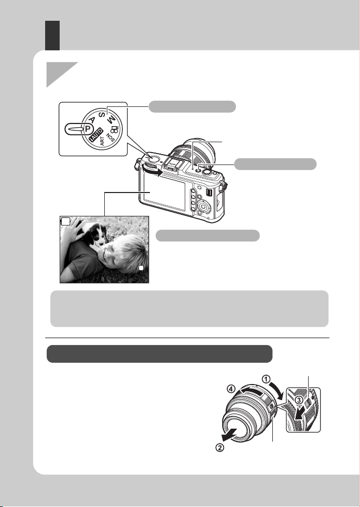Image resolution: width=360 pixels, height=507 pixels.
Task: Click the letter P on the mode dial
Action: tap(87, 128)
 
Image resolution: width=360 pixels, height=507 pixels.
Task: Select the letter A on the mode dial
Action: tap(92, 120)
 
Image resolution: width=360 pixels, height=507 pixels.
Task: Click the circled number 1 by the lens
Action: tap(266, 379)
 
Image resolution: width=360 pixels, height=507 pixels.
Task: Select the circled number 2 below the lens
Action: tap(219, 448)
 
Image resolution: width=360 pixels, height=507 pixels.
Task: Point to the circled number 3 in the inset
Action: tap(299, 400)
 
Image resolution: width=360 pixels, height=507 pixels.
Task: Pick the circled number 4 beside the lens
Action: tap(231, 389)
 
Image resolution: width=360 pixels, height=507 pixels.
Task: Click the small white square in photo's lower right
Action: tap(141, 268)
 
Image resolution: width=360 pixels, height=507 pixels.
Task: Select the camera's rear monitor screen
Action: tap(163, 195)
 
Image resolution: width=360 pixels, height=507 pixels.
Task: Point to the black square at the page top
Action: tap(52, 36)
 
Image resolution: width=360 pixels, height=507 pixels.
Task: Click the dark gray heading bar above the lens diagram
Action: tap(159, 354)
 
